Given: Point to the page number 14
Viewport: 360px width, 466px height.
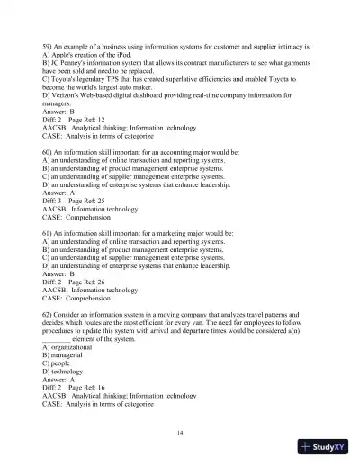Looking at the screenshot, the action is click(181, 434).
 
